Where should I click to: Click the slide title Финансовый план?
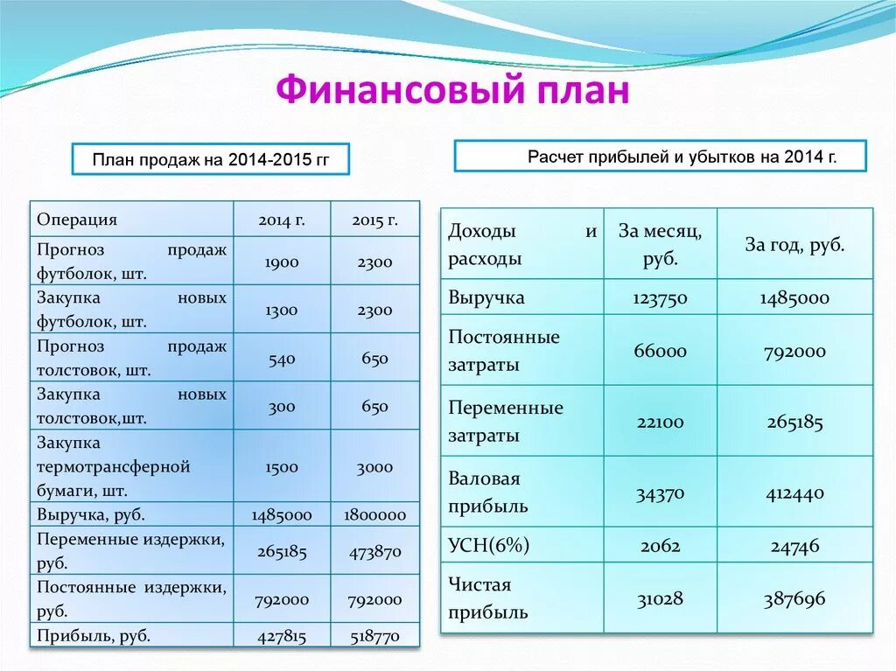click(x=452, y=91)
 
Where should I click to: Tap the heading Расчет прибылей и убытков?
click(x=660, y=157)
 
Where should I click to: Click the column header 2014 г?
click(x=282, y=220)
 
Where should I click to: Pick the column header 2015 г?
click(x=374, y=220)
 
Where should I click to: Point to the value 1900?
click(x=282, y=262)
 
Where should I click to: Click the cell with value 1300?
click(x=282, y=311)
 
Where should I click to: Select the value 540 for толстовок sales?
click(x=282, y=359)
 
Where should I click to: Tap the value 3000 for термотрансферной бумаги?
click(x=374, y=467)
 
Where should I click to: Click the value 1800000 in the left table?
click(x=374, y=515)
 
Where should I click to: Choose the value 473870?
click(x=374, y=552)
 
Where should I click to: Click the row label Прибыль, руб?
click(x=94, y=636)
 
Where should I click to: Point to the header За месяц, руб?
click(x=660, y=245)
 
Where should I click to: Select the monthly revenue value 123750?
click(x=660, y=298)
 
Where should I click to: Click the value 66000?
click(x=660, y=352)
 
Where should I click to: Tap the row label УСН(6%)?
click(x=489, y=547)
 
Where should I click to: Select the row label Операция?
click(x=77, y=220)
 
